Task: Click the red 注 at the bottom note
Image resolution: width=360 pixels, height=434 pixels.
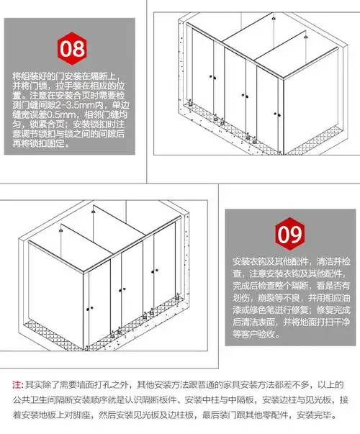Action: [x=18, y=384]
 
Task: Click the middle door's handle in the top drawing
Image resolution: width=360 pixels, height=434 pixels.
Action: [x=245, y=94]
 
